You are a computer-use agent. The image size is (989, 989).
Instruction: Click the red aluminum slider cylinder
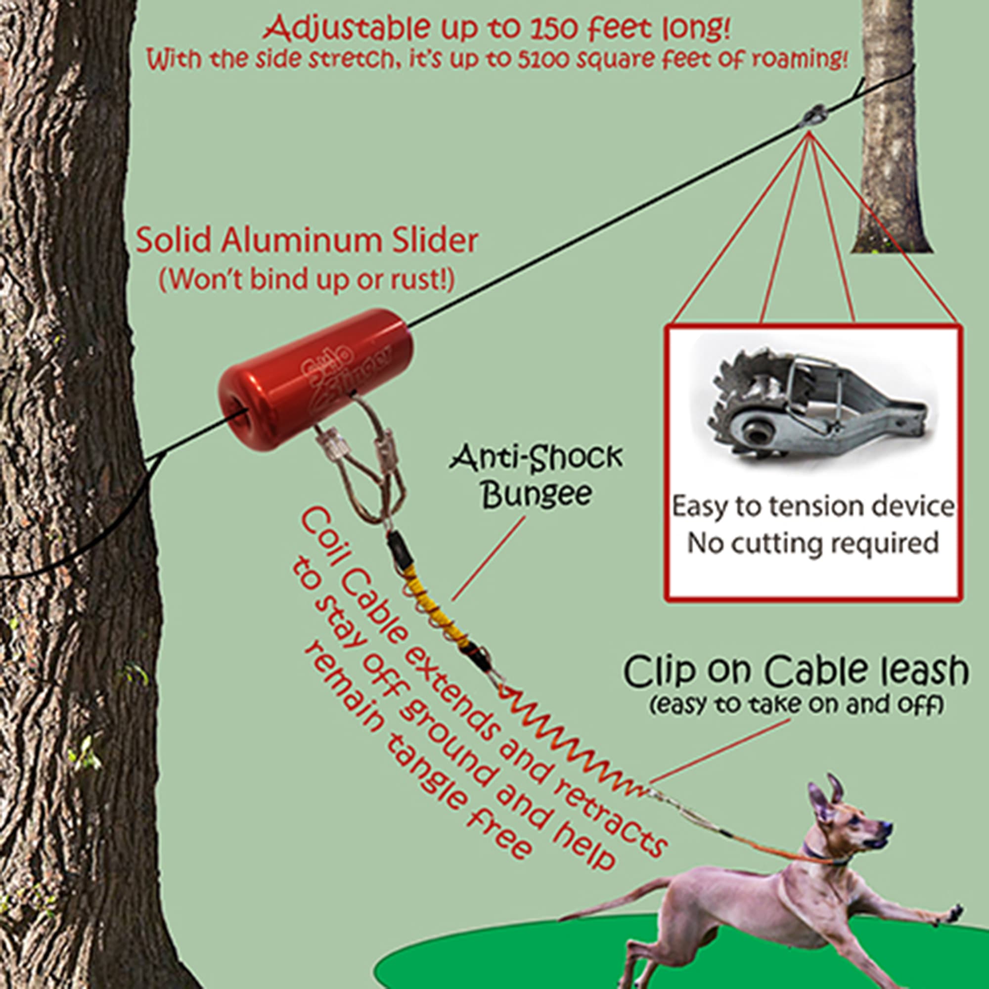(x=316, y=379)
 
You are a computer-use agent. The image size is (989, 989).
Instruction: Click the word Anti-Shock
(x=536, y=457)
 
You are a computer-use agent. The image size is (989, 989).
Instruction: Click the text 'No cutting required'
(x=812, y=543)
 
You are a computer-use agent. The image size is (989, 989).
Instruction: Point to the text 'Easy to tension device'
(x=813, y=507)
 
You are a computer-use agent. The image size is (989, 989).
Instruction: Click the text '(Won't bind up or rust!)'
(x=307, y=279)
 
